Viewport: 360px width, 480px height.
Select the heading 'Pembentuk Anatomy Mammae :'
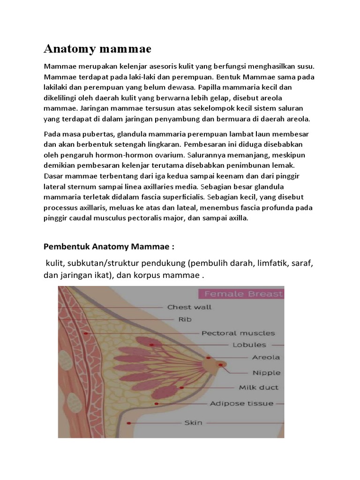tap(108, 247)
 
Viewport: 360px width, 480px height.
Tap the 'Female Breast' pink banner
tap(241, 294)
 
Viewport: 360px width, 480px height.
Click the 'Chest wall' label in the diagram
tap(189, 307)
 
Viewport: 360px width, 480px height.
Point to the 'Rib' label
tap(185, 319)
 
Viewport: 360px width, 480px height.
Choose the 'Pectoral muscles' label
tap(238, 333)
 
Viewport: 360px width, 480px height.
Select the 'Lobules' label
tap(249, 345)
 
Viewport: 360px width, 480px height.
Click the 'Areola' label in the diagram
tap(266, 357)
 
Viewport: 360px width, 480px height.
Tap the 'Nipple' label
tap(266, 373)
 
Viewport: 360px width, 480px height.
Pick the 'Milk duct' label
tap(258, 388)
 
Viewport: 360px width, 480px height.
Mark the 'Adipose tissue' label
tap(241, 403)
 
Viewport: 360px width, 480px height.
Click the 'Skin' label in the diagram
tap(193, 423)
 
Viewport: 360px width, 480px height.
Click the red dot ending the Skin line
tap(129, 422)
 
